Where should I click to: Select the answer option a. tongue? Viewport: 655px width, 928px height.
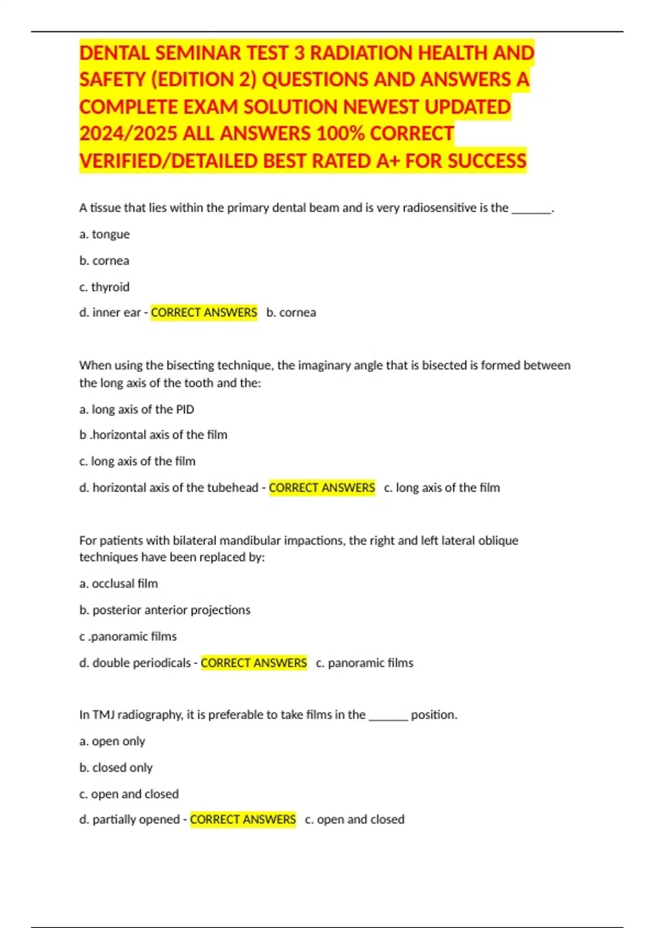tap(104, 234)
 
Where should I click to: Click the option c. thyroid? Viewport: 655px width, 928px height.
tap(104, 287)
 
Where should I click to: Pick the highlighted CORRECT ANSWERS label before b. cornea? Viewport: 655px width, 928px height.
tap(204, 312)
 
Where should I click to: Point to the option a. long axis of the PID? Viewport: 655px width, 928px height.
tap(136, 409)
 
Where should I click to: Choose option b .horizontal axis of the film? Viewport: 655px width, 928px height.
tap(153, 435)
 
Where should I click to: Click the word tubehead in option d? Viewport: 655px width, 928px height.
tap(233, 487)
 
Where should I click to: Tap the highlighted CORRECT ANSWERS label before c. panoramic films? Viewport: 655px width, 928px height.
tap(254, 663)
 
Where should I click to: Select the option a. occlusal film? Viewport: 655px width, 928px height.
tap(118, 584)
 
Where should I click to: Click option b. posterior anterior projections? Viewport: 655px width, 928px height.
tap(164, 610)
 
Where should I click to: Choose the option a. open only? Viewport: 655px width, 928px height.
tap(112, 741)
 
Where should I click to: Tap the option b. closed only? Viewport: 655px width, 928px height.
tap(116, 768)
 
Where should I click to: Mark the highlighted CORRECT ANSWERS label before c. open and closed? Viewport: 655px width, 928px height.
tap(243, 819)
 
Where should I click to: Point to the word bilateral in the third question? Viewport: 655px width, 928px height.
tap(194, 540)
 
